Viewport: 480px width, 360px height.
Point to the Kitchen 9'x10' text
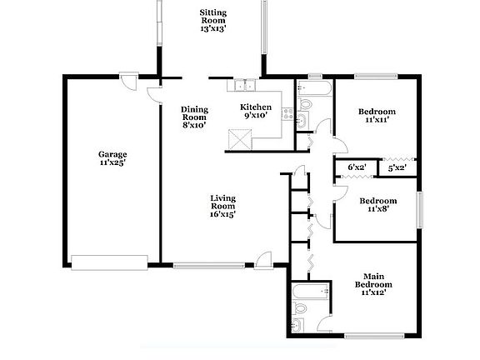click(256, 112)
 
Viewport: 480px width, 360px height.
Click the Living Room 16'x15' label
click(222, 205)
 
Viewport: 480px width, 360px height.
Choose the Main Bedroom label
click(377, 285)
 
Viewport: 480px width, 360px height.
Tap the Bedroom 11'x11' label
click(377, 116)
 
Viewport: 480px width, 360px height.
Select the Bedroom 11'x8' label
click(377, 205)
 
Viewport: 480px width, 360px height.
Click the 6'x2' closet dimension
click(357, 167)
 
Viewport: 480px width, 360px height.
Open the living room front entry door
click(264, 259)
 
